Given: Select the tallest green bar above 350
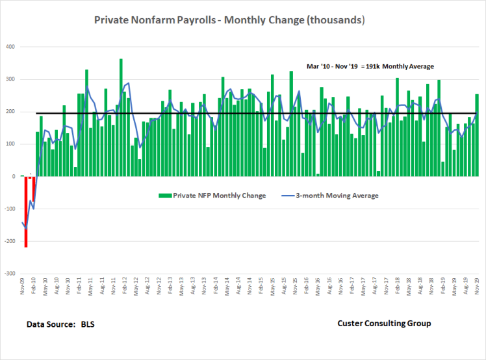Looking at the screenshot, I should [121, 117].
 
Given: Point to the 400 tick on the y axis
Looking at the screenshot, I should [11, 47].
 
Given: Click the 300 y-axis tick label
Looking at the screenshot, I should [11, 79].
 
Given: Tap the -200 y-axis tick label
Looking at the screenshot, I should [10, 241].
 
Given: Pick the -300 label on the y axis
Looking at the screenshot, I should [10, 274].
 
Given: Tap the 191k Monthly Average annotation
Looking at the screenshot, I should [370, 66].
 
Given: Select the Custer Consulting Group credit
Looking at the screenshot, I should [384, 324].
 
